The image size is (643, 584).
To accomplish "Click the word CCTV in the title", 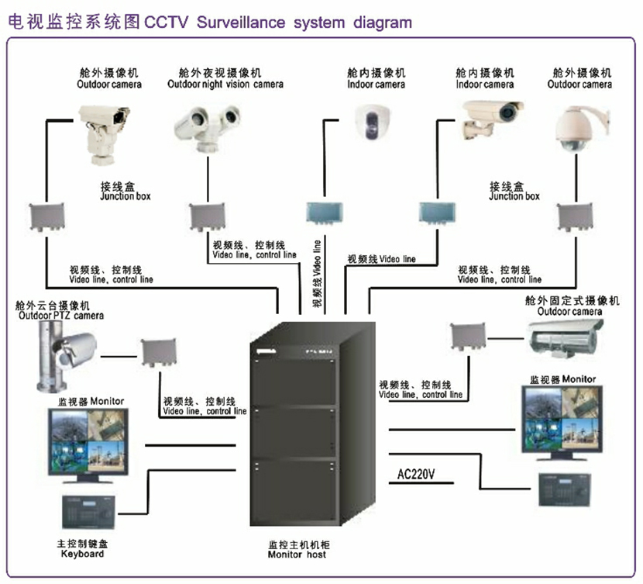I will pyautogui.click(x=168, y=22).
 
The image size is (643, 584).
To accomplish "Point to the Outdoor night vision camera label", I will pyautogui.click(x=225, y=84).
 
